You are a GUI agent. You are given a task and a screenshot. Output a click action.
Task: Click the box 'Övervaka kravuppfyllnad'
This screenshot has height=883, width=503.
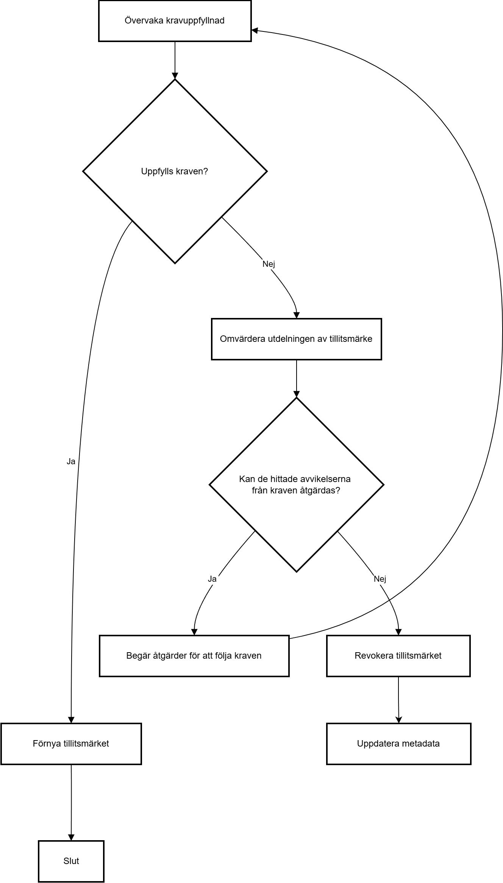pyautogui.click(x=175, y=20)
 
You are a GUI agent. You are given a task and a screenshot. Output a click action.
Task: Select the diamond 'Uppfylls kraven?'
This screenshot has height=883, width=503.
pyautogui.click(x=175, y=171)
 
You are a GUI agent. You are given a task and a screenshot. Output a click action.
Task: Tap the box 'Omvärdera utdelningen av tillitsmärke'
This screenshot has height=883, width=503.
pyautogui.click(x=297, y=339)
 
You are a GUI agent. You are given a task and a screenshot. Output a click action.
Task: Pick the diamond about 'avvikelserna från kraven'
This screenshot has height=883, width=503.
pyautogui.click(x=297, y=485)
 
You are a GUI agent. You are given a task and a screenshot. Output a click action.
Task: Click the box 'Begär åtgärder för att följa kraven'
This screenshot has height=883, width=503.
pyautogui.click(x=194, y=656)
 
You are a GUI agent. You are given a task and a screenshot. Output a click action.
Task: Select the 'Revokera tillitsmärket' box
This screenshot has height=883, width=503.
pyautogui.click(x=398, y=656)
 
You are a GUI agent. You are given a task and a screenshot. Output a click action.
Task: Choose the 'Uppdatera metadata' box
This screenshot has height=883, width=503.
pyautogui.click(x=399, y=744)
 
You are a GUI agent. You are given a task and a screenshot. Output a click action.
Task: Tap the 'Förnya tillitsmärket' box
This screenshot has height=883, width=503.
pyautogui.click(x=71, y=744)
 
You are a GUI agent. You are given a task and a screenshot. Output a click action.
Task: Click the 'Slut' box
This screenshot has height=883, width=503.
pyautogui.click(x=71, y=861)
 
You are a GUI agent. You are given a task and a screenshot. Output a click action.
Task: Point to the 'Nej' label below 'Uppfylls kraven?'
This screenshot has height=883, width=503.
pyautogui.click(x=269, y=264)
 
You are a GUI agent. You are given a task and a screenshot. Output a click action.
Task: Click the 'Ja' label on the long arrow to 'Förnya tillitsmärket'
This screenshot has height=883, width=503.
pyautogui.click(x=71, y=462)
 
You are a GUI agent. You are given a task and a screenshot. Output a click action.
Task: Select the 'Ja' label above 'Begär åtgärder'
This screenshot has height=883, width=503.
pyautogui.click(x=212, y=579)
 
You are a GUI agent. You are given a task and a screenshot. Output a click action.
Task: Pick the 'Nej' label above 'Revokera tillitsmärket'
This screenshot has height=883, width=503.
pyautogui.click(x=380, y=579)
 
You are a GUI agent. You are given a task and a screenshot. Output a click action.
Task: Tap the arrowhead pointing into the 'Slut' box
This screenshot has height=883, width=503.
pyautogui.click(x=71, y=838)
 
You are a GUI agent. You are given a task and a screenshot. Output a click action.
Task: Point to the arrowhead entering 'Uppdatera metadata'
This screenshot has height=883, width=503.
pyautogui.click(x=398, y=720)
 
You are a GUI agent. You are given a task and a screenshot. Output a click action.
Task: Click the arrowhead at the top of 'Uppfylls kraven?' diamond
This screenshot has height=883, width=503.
pyautogui.click(x=175, y=76)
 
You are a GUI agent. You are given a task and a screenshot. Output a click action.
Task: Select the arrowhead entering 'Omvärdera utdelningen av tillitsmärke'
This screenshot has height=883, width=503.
pyautogui.click(x=297, y=315)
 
